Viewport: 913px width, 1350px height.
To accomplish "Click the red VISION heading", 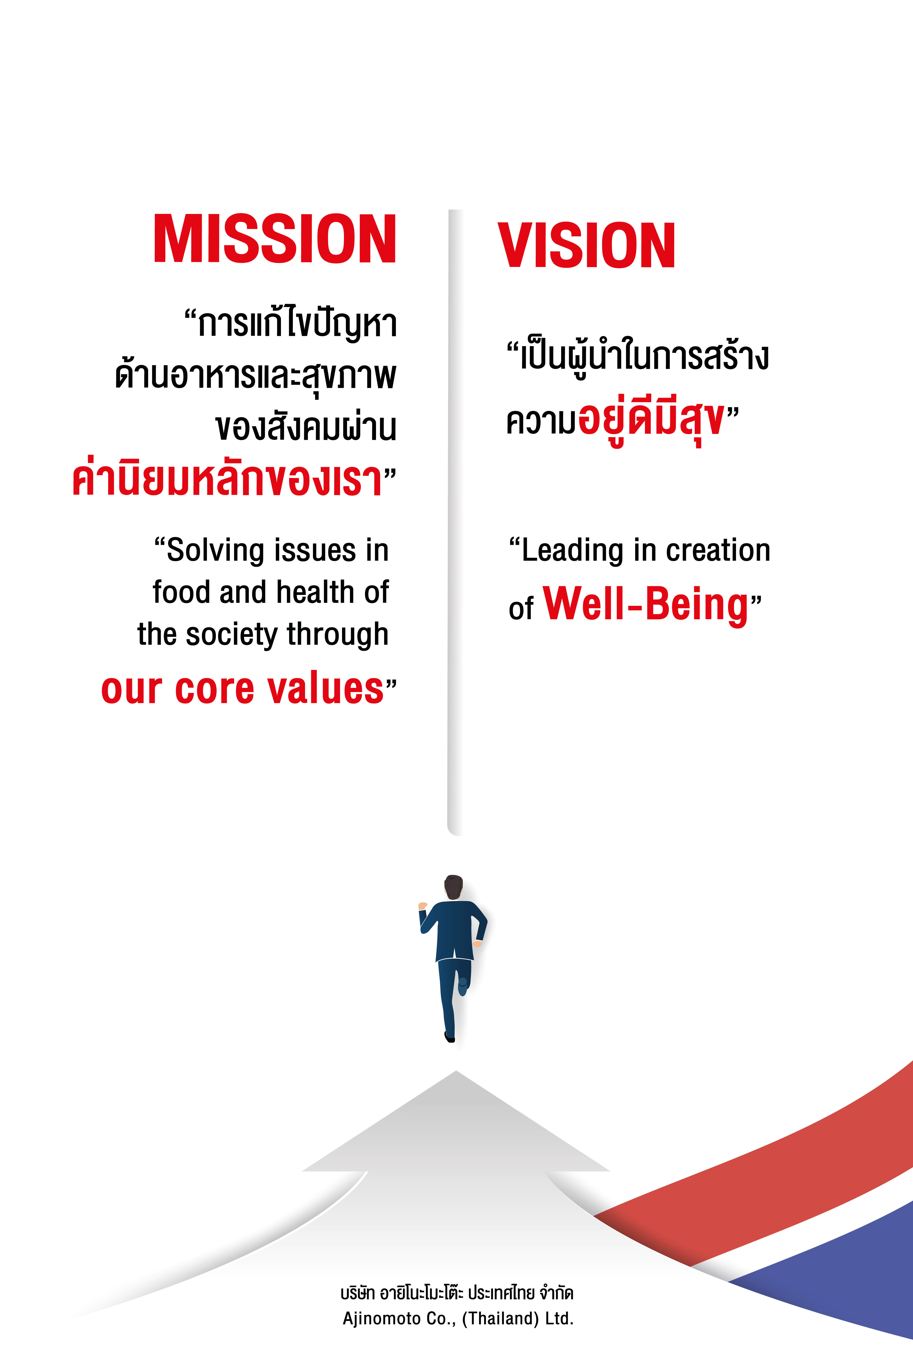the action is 587,246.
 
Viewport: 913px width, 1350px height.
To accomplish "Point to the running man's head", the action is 454,887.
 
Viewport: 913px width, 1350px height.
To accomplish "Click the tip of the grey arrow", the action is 456,1071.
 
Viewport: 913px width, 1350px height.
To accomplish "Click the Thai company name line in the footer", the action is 457,1293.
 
